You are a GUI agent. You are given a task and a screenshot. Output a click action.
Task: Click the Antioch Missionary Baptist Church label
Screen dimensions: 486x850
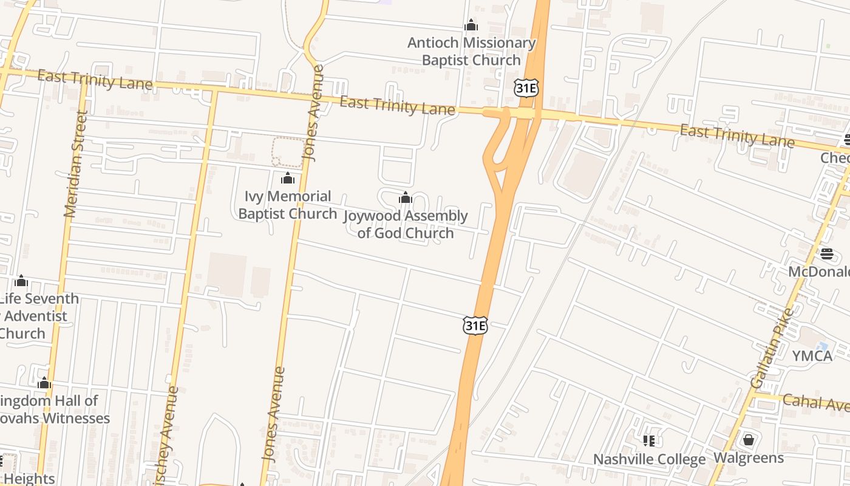(471, 52)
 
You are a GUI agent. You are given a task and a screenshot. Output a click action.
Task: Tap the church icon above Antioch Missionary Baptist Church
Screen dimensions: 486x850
(471, 26)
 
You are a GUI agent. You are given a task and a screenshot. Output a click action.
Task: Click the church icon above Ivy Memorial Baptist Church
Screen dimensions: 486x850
(288, 179)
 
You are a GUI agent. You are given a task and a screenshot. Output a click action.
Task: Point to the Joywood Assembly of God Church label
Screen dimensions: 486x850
(406, 224)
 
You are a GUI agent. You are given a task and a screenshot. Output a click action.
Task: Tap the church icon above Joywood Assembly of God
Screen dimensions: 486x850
(406, 198)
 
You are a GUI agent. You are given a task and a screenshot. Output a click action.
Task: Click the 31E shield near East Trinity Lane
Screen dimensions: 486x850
(526, 89)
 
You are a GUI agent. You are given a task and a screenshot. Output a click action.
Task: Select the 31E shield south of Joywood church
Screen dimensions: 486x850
(475, 326)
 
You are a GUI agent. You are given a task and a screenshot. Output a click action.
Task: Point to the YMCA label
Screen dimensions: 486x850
(812, 356)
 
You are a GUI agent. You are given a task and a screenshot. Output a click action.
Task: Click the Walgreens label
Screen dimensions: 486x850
(749, 457)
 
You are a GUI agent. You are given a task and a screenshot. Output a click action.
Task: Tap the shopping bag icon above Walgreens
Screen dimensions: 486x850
(749, 439)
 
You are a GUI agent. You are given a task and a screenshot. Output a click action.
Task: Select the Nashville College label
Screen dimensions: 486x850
(649, 459)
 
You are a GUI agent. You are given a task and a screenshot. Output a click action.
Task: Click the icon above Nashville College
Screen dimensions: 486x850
(649, 440)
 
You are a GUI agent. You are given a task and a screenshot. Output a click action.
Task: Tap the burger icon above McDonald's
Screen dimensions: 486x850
(827, 253)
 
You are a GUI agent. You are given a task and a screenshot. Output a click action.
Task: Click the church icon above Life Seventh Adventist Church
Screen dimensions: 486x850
(22, 281)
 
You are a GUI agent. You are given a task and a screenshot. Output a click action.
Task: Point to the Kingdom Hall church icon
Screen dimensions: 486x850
(44, 383)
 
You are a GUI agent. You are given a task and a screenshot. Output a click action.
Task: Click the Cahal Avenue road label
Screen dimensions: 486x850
(815, 402)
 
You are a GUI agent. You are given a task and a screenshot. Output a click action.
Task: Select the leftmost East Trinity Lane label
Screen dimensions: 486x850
(95, 80)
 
